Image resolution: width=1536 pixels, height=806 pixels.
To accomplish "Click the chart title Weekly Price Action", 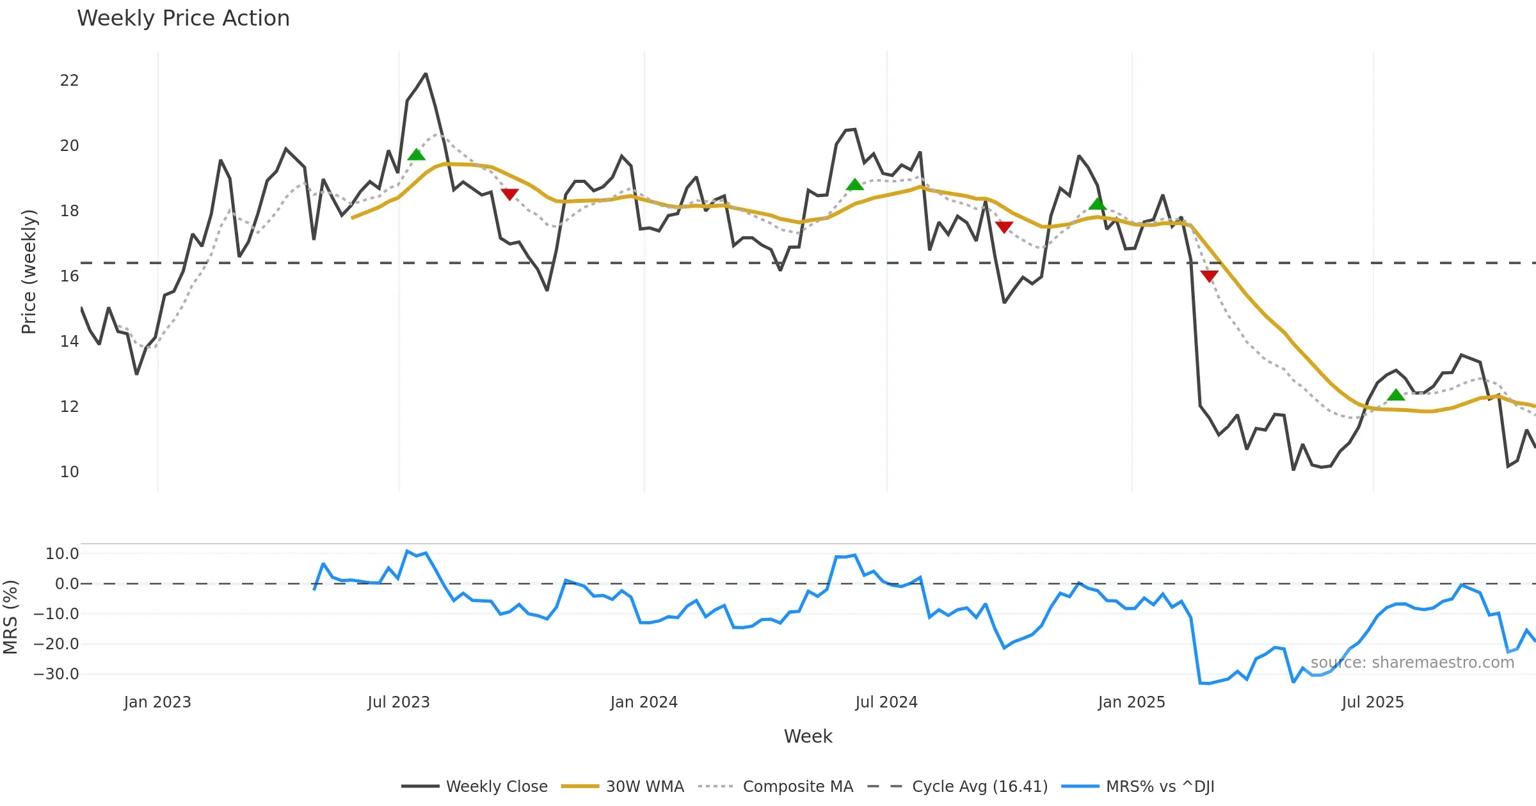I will (183, 19).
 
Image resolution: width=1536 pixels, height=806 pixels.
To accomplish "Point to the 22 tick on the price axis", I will (69, 81).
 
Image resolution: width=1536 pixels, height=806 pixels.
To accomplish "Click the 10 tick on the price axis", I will (69, 472).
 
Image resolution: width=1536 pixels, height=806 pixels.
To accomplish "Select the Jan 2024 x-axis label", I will (644, 702).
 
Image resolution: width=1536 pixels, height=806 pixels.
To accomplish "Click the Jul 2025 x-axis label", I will (1373, 702).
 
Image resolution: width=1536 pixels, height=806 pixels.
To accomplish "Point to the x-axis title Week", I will (808, 737).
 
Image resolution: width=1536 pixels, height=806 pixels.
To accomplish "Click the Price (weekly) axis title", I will (29, 272).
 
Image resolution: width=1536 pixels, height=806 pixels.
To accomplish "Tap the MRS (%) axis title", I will (10, 617).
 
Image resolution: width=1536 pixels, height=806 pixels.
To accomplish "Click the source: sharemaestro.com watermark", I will (1412, 663).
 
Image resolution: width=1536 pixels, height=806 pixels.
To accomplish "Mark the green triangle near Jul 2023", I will (417, 155).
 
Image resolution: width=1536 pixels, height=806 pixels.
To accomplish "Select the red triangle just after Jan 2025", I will (1209, 276).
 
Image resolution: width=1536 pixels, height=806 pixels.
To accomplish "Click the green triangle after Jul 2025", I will (1396, 395).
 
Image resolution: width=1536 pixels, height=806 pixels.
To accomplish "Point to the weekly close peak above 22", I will (426, 74).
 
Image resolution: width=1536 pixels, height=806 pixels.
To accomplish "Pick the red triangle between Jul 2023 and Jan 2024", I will (509, 194).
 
